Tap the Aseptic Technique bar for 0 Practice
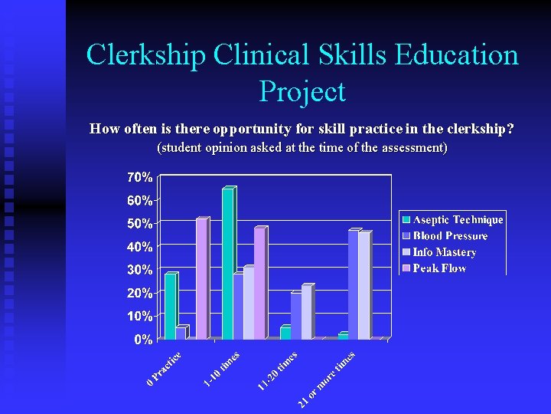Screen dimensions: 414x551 point(170,306)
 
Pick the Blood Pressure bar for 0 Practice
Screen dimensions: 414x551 point(181,333)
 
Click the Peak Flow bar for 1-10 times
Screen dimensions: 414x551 point(259,283)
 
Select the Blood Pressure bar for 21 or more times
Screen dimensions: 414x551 point(354,284)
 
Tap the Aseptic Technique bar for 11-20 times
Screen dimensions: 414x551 point(285,332)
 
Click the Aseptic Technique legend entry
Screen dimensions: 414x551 point(458,220)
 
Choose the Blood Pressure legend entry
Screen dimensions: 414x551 point(450,236)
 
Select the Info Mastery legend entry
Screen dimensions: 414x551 point(444,252)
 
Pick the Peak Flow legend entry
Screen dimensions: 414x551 point(439,268)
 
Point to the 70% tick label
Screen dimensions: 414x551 point(139,177)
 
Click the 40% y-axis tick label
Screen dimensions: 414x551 point(139,247)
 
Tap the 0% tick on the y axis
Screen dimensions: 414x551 point(143,339)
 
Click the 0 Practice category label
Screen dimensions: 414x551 point(165,367)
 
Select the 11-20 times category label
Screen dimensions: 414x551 point(277,370)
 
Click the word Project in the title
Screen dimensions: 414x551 point(302,91)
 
